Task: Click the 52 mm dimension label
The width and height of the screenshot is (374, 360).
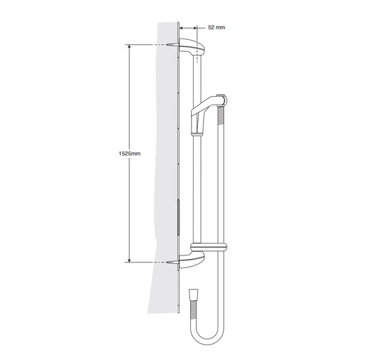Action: tap(217, 27)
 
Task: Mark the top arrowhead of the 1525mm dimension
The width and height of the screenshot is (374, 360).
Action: tap(128, 47)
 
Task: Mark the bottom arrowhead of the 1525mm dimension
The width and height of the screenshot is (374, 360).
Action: tap(128, 258)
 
